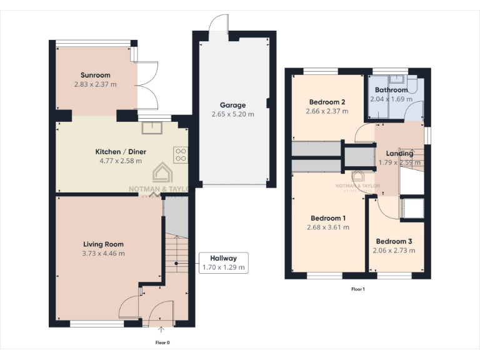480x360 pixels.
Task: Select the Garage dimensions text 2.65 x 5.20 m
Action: click(232, 114)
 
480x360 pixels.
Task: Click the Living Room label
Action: click(103, 244)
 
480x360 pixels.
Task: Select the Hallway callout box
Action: click(223, 262)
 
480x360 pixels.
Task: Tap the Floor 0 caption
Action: click(162, 342)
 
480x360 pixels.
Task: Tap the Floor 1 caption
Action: click(357, 289)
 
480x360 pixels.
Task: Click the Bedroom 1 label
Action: click(328, 218)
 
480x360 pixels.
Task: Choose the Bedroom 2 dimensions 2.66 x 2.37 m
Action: click(327, 111)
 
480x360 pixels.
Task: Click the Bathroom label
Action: click(391, 90)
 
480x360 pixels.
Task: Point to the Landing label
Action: click(399, 153)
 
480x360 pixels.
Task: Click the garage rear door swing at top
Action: click(220, 22)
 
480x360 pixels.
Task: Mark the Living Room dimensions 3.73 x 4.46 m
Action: click(103, 254)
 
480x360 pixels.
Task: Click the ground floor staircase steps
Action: click(176, 256)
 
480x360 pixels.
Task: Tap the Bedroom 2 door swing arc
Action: click(362, 132)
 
